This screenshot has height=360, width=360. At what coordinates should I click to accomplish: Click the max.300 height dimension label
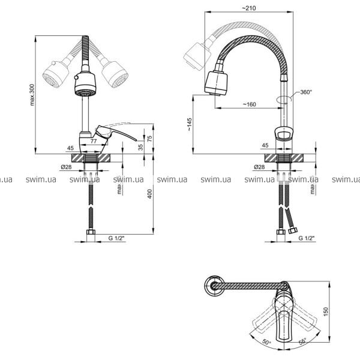pos(32,94)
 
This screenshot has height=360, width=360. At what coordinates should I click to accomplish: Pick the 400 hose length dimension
pos(151,195)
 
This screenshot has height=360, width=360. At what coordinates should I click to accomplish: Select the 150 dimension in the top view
pos(326,311)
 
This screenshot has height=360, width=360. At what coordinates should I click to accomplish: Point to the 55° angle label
pos(302,342)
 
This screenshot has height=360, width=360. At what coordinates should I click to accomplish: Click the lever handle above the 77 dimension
pos(114,130)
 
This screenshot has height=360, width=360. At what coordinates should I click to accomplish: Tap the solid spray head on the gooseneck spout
pos(217,83)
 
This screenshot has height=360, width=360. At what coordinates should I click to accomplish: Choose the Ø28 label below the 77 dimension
pos(67,167)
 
